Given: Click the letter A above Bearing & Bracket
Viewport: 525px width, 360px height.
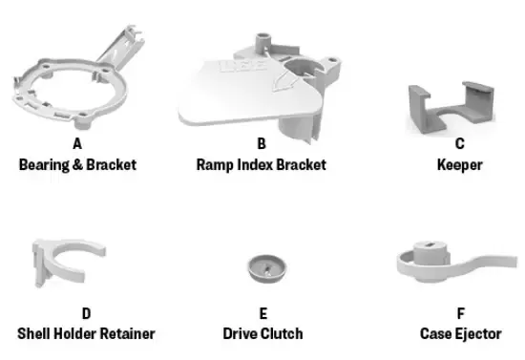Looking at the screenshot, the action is point(77,145).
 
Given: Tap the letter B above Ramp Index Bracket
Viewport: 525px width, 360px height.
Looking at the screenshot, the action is point(261,145).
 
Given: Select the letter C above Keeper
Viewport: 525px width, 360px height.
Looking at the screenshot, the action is point(459,145).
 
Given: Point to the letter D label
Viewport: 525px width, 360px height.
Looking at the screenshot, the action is point(86,313).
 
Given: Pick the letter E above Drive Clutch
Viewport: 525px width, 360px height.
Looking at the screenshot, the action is point(262,313).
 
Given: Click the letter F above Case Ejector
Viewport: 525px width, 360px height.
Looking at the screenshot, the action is point(460,313).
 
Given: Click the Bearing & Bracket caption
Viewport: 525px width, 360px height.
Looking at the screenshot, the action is point(77,164).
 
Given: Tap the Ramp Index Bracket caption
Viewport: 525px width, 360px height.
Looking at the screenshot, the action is point(261,164).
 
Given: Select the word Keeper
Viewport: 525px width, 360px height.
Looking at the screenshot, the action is point(459,164).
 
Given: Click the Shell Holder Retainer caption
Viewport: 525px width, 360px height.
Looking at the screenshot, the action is point(86,333).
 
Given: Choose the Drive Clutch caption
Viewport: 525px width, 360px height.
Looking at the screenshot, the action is point(262,333).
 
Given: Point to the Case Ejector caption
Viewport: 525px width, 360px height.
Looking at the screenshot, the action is point(460,333).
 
